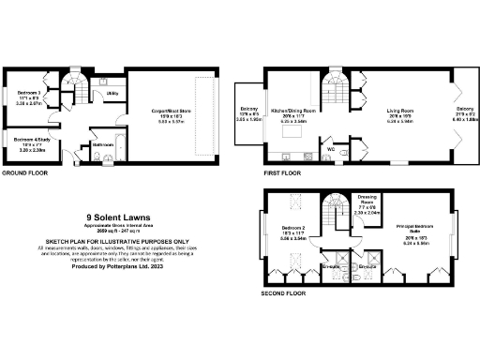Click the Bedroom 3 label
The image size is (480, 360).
click(28, 94)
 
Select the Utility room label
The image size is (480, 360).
click(111, 95)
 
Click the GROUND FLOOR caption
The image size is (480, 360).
click(25, 174)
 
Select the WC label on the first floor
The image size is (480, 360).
click(330, 148)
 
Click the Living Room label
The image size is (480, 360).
click(401, 111)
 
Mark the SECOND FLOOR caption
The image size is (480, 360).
click(285, 292)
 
